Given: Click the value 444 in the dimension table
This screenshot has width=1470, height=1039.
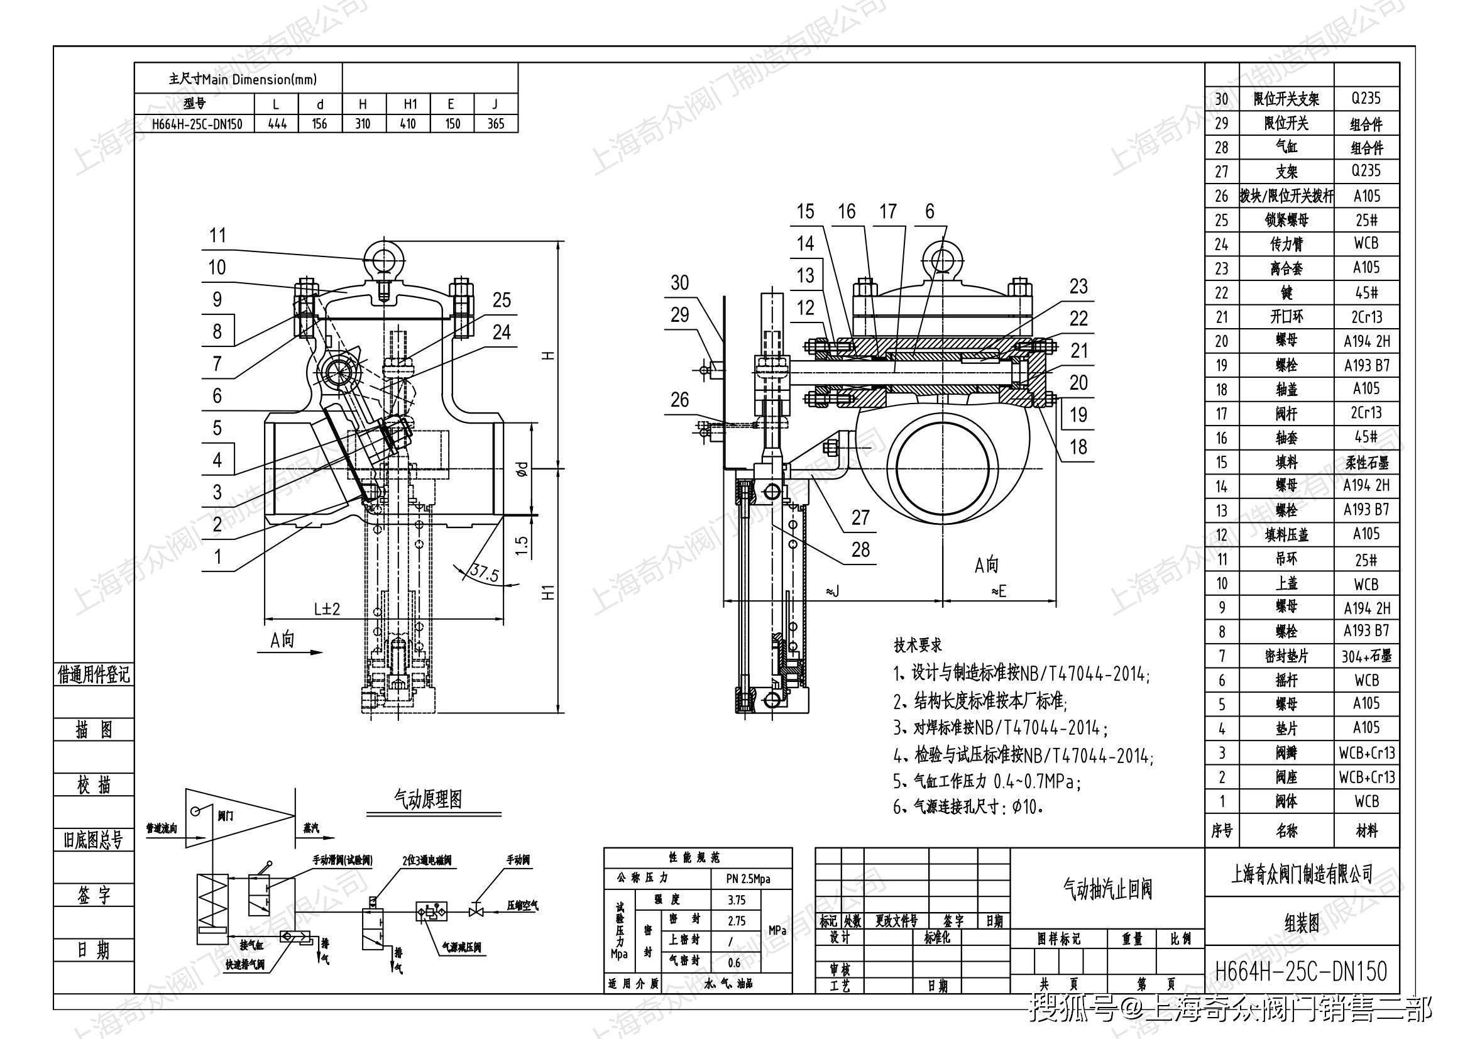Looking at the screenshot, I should (x=277, y=124).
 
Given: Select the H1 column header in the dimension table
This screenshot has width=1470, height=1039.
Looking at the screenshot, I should (x=409, y=104).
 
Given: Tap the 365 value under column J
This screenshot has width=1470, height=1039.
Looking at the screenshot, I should (x=495, y=124).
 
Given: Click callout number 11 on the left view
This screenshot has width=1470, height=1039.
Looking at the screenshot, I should (x=217, y=236).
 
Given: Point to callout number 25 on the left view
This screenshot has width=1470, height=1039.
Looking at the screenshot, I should (x=502, y=300).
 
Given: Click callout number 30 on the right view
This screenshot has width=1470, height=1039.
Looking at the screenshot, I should (x=679, y=282).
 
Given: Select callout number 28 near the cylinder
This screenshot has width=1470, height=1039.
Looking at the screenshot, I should (x=860, y=549).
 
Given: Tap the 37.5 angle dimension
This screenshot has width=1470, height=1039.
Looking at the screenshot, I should (x=484, y=573).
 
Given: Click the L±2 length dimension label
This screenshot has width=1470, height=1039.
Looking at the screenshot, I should (x=327, y=608).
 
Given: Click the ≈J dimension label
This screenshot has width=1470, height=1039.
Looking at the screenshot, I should (x=831, y=592).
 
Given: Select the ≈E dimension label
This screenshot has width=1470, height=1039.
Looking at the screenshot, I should (x=998, y=592).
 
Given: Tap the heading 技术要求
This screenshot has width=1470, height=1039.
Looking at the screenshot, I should (x=918, y=645).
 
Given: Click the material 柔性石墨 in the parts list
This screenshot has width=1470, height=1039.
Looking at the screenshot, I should (x=1366, y=461).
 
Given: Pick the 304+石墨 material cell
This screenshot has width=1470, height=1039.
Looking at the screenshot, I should (x=1366, y=656).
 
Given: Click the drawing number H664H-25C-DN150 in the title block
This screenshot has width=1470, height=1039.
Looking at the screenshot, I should (x=1301, y=970).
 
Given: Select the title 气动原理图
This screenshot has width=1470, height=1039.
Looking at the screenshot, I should (x=428, y=798).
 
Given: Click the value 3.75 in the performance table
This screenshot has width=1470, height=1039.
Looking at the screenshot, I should (x=737, y=899).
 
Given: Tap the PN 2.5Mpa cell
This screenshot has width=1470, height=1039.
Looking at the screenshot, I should (x=748, y=879).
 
